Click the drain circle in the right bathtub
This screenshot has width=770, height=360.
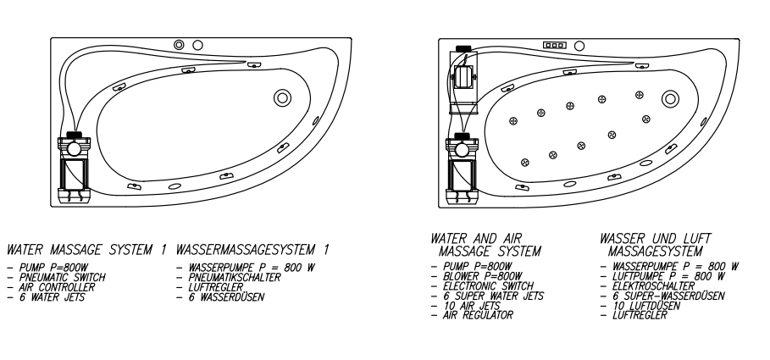pos(672,98)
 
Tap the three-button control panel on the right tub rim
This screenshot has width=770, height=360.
pos(555,45)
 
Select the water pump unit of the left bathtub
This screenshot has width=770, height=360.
pos(75,165)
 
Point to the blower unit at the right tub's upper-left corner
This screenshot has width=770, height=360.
pos(463,76)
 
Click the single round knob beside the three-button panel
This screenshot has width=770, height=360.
pos(579,45)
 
